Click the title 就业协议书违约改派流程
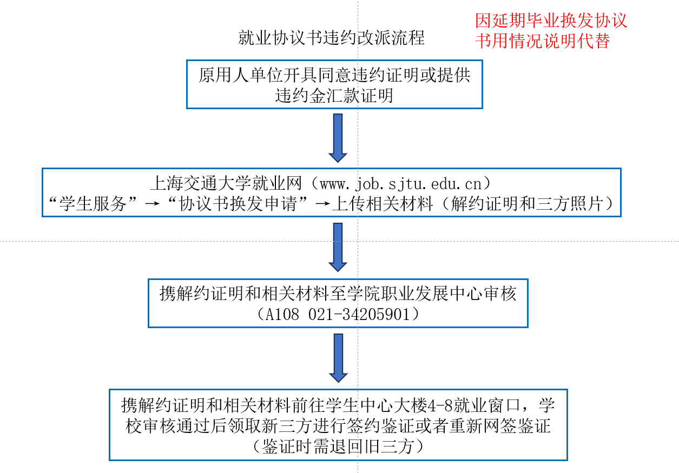pos(331,38)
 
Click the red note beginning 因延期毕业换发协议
pos(551,31)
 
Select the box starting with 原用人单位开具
pos(334,84)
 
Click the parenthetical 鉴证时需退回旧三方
pos(338,447)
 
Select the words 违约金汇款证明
pos(334,96)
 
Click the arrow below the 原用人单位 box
pos(338,137)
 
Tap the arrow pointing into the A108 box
pos(338,248)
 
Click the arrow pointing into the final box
pos(338,357)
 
